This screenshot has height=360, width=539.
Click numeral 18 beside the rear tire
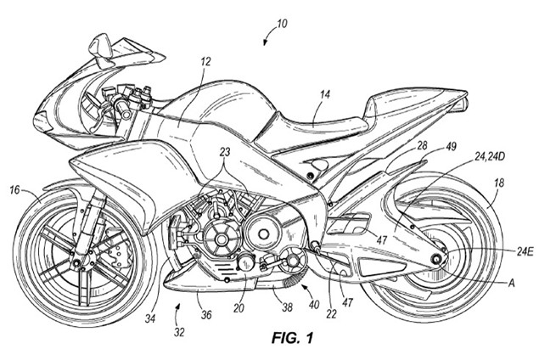498,182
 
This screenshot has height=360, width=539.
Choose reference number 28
421,145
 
